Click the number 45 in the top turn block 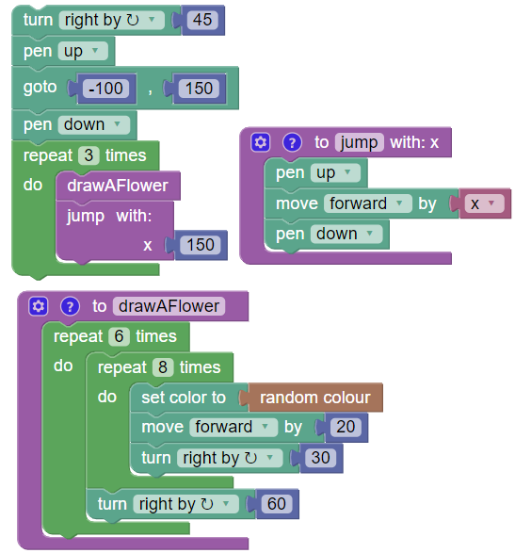click(201, 20)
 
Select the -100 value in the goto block click(108, 89)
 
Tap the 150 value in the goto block click(199, 89)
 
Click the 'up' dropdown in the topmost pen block click(84, 52)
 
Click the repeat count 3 click(85, 155)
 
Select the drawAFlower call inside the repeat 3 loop click(118, 186)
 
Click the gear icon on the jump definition click(262, 142)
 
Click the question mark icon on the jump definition click(292, 142)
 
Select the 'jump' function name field click(359, 142)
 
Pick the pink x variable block click(483, 203)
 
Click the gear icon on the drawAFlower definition click(38, 306)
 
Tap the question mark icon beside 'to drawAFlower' click(69, 306)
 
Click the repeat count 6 click(118, 336)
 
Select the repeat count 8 click(162, 367)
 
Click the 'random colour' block click(314, 398)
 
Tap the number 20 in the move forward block click(346, 428)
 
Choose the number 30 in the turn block click(321, 459)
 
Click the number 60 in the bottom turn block click(276, 504)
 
